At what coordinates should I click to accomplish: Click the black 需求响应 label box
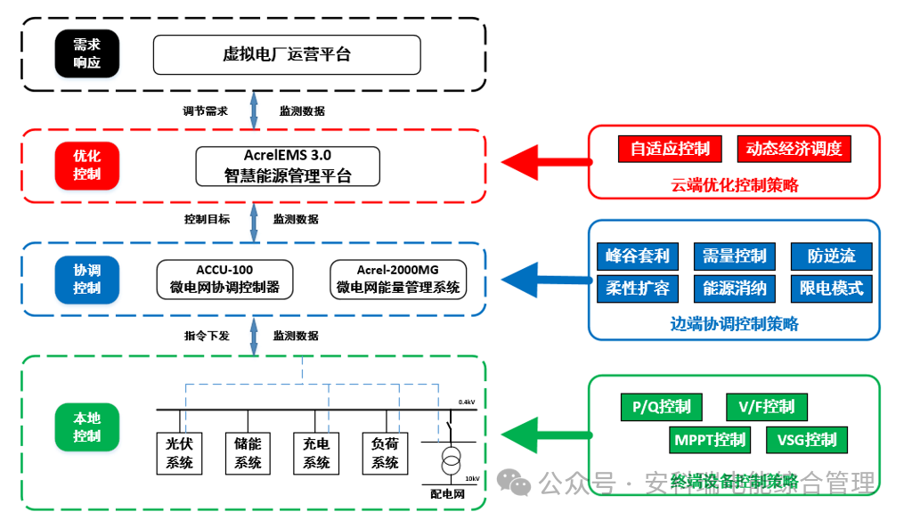[86, 54]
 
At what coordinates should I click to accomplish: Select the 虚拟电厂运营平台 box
[286, 54]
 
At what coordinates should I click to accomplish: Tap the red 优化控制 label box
[86, 165]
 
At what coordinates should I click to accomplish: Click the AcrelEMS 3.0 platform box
[287, 166]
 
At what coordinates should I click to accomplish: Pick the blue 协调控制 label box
[86, 279]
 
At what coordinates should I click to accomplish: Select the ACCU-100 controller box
[224, 279]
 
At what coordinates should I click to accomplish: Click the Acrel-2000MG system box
[397, 279]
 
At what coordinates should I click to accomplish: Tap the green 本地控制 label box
[86, 427]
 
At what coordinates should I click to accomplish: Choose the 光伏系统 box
[179, 453]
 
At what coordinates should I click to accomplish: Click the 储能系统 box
[248, 453]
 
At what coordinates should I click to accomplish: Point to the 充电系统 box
[316, 453]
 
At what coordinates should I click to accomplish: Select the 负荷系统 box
[385, 453]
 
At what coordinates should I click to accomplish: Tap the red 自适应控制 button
[669, 149]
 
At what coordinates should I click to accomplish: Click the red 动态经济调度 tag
[794, 149]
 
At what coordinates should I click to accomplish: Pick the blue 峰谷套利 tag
[637, 256]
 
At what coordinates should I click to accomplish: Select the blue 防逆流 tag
[831, 256]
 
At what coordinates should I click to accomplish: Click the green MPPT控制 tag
[710, 440]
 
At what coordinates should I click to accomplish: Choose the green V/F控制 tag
[766, 407]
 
